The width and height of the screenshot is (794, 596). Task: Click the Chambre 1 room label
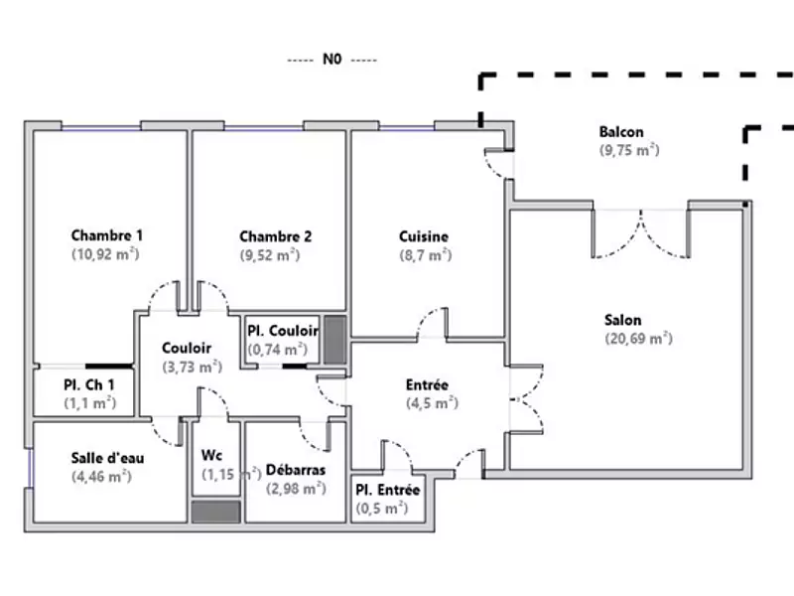pyautogui.click(x=107, y=236)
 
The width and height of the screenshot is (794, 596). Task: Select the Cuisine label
pyautogui.click(x=424, y=236)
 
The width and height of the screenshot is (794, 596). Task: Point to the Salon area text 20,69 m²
pyautogui.click(x=638, y=339)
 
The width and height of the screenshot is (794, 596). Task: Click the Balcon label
pyautogui.click(x=621, y=132)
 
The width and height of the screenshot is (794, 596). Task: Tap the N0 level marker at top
pyautogui.click(x=331, y=60)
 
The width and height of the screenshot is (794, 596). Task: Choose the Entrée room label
pyautogui.click(x=427, y=384)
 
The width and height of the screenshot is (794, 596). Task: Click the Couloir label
pyautogui.click(x=187, y=349)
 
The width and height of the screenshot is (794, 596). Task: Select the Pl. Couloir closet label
pyautogui.click(x=283, y=331)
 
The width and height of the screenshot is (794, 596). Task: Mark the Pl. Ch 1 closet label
pyautogui.click(x=89, y=384)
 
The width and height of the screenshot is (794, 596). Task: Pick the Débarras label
pyautogui.click(x=296, y=469)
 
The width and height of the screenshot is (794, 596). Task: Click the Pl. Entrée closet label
pyautogui.click(x=388, y=491)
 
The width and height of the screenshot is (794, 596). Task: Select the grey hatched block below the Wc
pyautogui.click(x=215, y=511)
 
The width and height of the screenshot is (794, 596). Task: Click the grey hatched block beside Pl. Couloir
pyautogui.click(x=334, y=339)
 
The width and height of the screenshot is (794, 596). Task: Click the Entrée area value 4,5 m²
pyautogui.click(x=431, y=403)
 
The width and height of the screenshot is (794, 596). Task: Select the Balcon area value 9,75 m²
pyautogui.click(x=629, y=150)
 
